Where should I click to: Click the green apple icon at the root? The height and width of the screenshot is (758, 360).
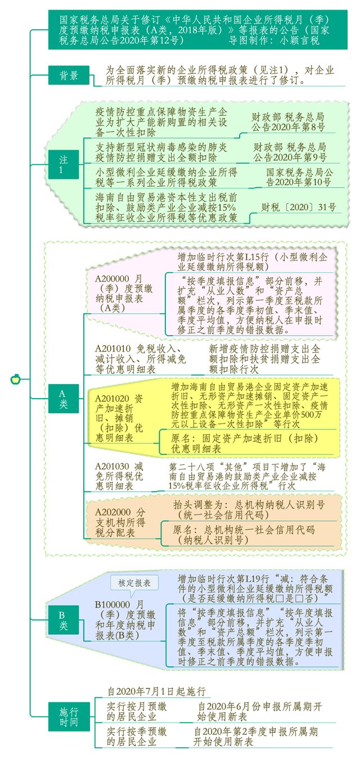16,379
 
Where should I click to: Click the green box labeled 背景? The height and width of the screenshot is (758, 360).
69,75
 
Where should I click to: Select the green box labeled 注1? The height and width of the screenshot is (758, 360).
64,164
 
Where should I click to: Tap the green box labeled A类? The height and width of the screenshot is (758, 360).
64,399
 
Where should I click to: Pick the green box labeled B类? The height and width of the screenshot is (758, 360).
64,620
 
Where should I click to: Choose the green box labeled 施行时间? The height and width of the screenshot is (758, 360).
69,716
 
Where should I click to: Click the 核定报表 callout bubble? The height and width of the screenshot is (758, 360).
134,583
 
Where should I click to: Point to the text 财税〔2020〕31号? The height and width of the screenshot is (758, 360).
299,207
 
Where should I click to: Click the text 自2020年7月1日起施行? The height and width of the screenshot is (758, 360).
156,691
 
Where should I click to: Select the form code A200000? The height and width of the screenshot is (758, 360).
112,279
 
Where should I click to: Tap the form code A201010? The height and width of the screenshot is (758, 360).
112,349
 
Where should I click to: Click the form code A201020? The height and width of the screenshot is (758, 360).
112,399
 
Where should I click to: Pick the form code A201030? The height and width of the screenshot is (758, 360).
112,467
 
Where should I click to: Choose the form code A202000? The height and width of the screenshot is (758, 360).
112,512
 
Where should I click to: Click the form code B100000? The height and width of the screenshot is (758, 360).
112,604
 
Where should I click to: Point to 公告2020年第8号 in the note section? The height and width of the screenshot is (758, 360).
288,127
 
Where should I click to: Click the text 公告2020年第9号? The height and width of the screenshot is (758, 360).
290,157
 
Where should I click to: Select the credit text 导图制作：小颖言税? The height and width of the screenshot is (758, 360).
274,40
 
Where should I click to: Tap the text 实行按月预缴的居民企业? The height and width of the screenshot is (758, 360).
137,712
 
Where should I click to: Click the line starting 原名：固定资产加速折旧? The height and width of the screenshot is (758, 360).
245,439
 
